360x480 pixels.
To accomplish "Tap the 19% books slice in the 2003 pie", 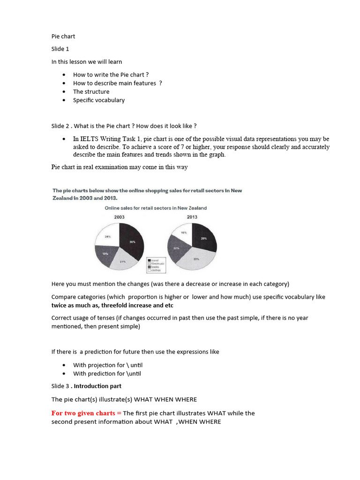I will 106,255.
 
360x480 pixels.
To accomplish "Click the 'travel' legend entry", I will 155,260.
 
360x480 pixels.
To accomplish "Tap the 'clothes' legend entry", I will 156,271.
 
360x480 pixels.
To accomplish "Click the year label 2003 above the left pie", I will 119,217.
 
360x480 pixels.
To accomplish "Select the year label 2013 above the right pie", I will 192,217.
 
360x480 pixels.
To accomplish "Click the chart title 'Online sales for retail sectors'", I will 155,208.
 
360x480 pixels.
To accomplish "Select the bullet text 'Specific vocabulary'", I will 98,100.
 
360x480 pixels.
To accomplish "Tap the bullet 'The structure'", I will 91,91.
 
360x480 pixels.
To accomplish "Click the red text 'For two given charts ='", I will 86,413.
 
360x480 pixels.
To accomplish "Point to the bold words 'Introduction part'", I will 97,386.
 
